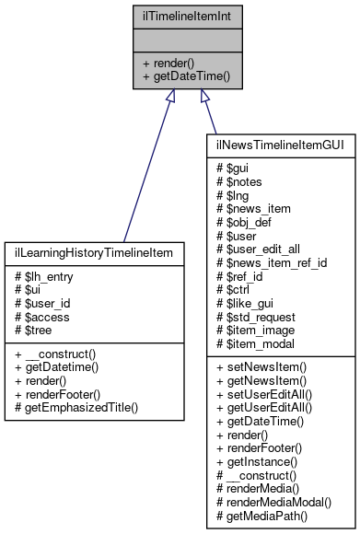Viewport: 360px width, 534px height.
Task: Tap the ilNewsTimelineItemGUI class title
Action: point(269,145)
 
